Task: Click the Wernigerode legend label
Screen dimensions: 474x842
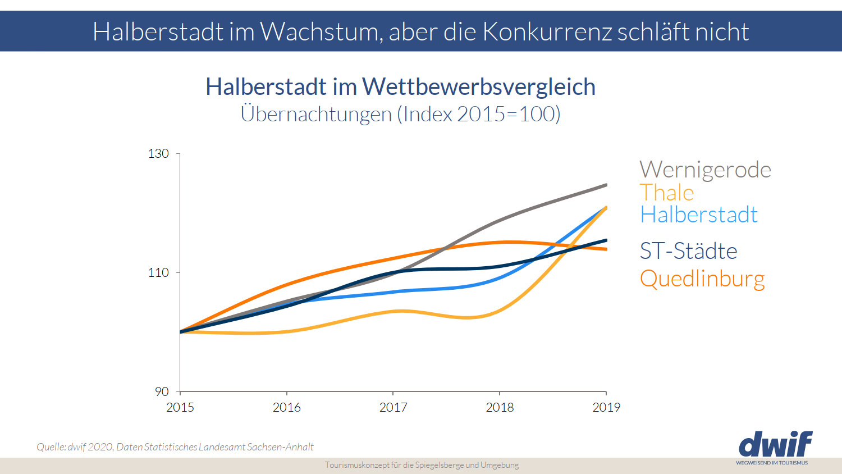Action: point(705,170)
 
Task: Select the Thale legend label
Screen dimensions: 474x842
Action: point(667,193)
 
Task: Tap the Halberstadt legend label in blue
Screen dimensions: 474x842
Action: point(699,215)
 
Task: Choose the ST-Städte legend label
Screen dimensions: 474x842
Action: point(688,251)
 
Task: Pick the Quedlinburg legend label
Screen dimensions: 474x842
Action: point(702,279)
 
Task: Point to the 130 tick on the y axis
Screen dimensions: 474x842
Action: point(158,153)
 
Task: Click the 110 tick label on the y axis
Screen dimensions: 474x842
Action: point(158,272)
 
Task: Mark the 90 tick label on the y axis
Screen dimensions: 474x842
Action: point(162,391)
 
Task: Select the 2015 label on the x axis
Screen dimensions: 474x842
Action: point(180,407)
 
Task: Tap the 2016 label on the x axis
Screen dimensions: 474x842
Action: point(287,407)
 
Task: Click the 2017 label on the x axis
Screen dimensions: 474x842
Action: point(393,407)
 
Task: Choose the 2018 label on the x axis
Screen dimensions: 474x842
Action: point(500,407)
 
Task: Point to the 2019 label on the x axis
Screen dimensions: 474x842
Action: point(606,407)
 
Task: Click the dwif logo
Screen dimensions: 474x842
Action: point(775,445)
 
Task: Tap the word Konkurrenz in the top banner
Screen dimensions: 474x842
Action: point(547,31)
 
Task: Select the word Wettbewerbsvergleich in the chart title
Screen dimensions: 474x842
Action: point(479,87)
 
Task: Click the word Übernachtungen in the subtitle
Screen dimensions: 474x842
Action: point(316,114)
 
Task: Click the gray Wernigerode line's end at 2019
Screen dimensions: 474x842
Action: point(606,185)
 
